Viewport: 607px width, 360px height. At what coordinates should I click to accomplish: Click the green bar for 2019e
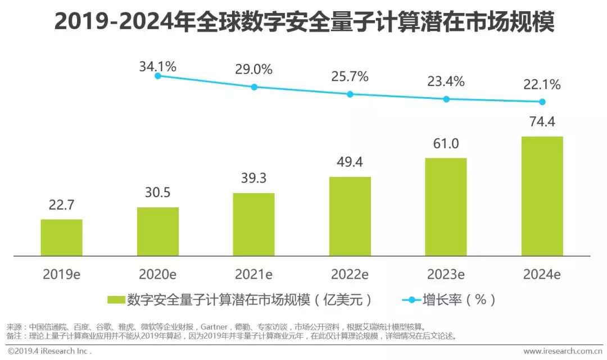[x=61, y=238]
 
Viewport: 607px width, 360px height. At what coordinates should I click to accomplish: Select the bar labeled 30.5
[x=158, y=231]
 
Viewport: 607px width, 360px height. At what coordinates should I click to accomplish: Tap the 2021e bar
[x=254, y=225]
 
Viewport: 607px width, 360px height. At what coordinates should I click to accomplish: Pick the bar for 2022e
[x=350, y=216]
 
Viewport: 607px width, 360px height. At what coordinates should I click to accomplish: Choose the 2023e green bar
[x=446, y=207]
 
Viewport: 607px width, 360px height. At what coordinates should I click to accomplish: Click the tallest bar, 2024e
[x=542, y=196]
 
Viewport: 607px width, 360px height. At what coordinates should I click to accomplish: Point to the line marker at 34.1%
[x=158, y=76]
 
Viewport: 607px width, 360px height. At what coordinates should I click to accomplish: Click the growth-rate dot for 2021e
[x=254, y=87]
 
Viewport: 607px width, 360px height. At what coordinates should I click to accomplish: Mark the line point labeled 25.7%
[x=350, y=94]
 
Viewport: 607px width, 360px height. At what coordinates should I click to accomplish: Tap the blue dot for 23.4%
[x=446, y=99]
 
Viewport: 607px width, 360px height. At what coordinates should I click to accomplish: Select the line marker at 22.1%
[x=542, y=102]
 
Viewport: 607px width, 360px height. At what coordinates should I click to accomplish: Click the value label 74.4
[x=542, y=122]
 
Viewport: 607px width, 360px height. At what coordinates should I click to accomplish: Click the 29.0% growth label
[x=254, y=70]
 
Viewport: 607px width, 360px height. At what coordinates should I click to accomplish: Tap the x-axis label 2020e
[x=158, y=275]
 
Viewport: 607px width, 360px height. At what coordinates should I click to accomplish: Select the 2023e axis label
[x=446, y=275]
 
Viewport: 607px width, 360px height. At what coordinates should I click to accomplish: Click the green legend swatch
[x=116, y=299]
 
